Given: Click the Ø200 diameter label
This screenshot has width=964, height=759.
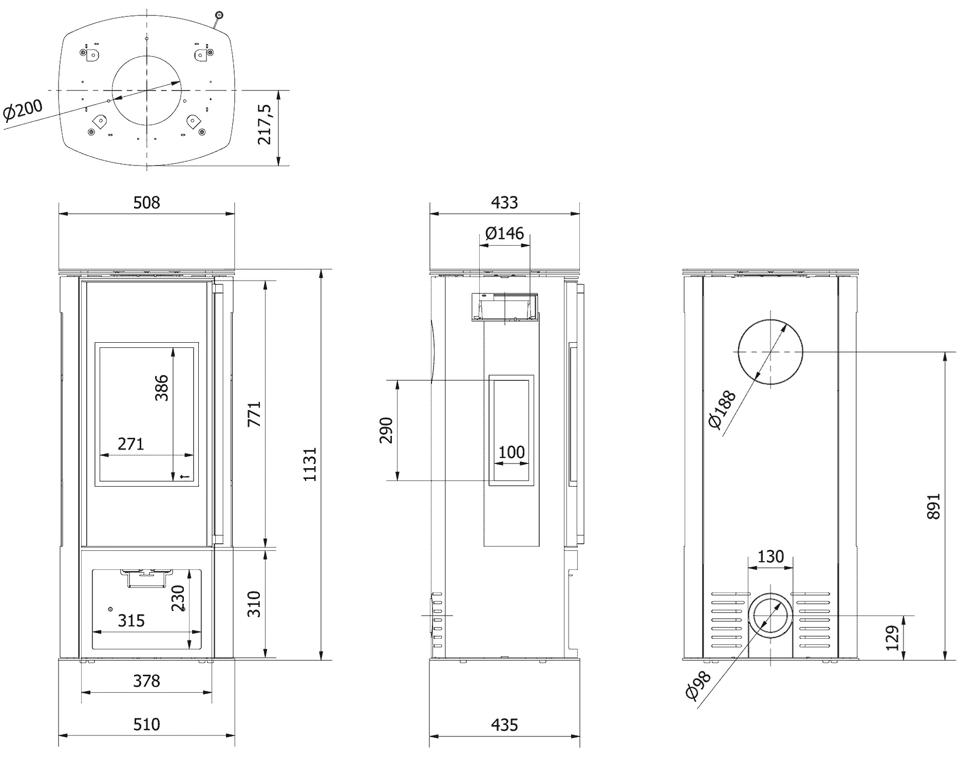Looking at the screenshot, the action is click(x=24, y=112).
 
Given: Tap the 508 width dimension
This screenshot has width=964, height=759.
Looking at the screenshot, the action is click(x=147, y=202).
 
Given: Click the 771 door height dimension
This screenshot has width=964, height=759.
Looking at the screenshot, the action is click(x=254, y=414).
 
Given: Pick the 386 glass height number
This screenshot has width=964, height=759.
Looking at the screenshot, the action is click(x=162, y=388).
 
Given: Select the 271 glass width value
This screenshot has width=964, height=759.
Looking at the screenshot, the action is click(x=131, y=443).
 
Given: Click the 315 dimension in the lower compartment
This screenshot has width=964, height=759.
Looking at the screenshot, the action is click(x=131, y=620).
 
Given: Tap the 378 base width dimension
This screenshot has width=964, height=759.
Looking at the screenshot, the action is click(x=147, y=681).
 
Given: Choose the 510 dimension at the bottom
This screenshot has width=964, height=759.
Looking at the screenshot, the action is click(x=147, y=725).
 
